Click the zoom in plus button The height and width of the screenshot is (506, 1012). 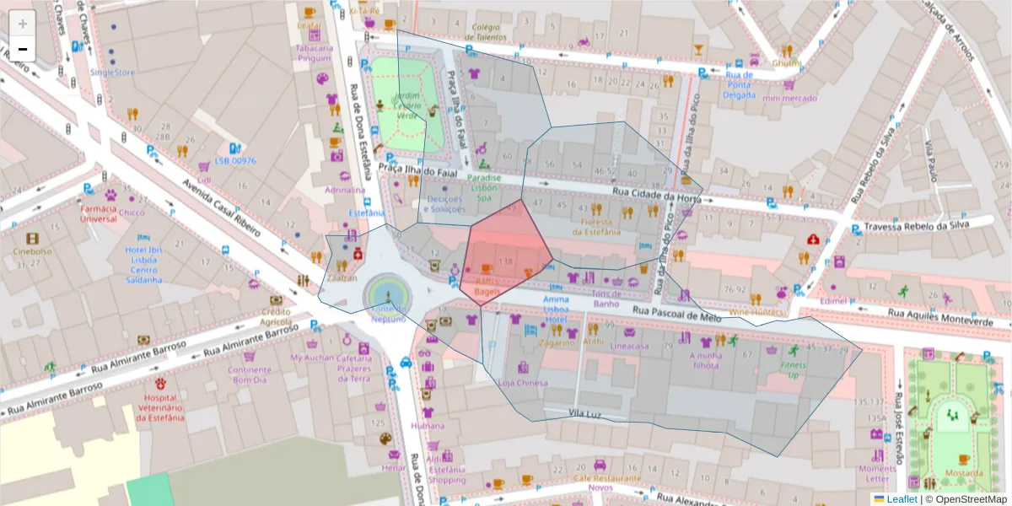tap(23, 23)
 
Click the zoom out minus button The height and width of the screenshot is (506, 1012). tap(23, 49)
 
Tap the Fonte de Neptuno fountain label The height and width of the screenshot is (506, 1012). tap(387, 313)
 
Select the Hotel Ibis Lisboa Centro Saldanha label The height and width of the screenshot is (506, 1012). tap(142, 265)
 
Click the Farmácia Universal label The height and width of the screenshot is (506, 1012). tap(99, 213)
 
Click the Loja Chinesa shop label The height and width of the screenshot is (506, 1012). tap(523, 383)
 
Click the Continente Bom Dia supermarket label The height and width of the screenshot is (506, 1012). tap(250, 374)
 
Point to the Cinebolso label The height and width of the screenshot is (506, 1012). tap(32, 251)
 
